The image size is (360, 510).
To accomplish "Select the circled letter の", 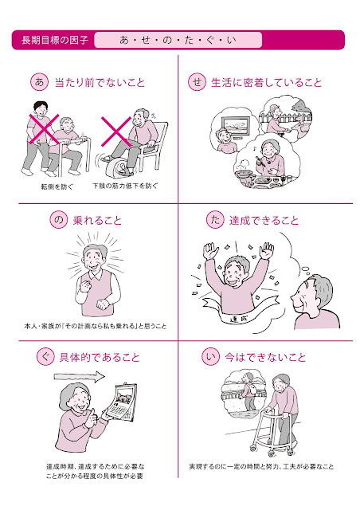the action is (x=58, y=220).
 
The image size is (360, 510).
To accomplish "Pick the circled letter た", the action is (x=215, y=220).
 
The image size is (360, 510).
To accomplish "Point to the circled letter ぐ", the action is (x=45, y=357).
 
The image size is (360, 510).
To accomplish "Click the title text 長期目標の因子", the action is (x=55, y=40).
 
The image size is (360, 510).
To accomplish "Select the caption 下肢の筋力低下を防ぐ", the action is (x=125, y=186).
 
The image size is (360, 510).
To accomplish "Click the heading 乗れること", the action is (x=97, y=221).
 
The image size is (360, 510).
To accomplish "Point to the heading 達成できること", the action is (x=264, y=221).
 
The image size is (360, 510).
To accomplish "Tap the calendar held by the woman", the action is (x=122, y=403).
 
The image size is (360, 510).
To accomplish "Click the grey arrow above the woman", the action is (x=80, y=377).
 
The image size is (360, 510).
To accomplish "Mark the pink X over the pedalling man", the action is (x=116, y=131).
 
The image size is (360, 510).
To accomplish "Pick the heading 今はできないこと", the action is (x=265, y=358).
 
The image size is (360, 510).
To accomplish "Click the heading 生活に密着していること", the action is (x=266, y=82).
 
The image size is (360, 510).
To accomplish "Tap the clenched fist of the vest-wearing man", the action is (x=84, y=287).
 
